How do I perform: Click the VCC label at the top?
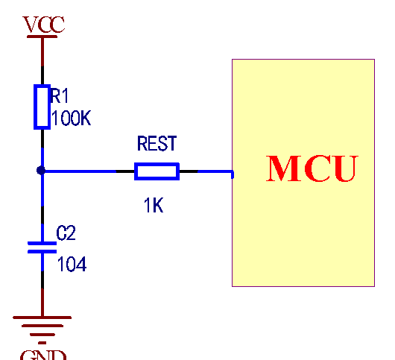pos(44,25)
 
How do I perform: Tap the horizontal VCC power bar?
pos(42,36)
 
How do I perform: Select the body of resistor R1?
pos(42,107)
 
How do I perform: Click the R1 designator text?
pos(60,95)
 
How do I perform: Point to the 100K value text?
pos(71,119)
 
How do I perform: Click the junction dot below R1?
pos(42,171)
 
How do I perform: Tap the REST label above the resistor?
pos(157,144)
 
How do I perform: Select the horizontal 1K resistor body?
pos(157,171)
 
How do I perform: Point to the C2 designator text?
pos(66,233)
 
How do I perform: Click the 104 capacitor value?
pos(72,263)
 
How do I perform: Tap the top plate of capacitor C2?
pos(42,243)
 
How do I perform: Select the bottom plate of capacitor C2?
pos(42,252)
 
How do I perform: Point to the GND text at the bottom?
pos(43,354)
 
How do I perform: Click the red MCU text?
pos(312,169)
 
